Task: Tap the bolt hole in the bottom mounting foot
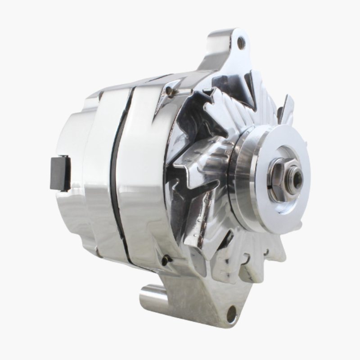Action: coord(232,312)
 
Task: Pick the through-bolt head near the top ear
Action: coord(169,91)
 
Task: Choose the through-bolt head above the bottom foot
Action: coord(166,260)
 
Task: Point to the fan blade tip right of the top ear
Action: coord(286,108)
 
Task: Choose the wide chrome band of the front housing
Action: coord(144,180)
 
